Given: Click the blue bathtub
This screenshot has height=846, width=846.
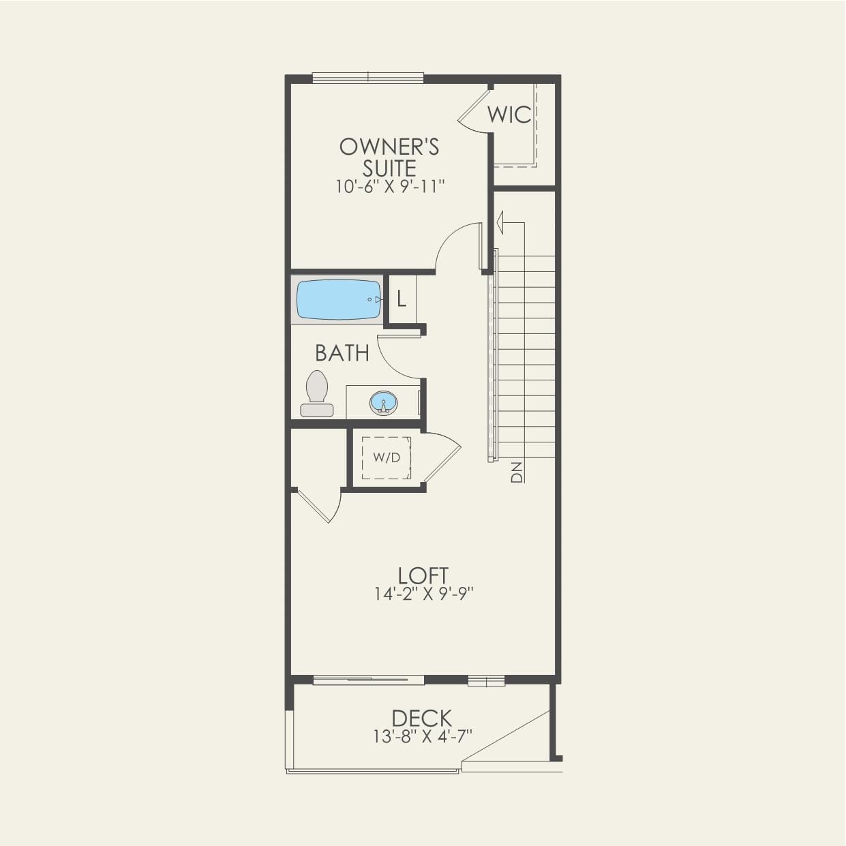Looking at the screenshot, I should [x=338, y=299].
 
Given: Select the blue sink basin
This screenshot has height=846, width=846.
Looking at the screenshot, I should [x=383, y=402].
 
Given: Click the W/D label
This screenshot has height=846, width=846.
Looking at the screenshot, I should [x=387, y=457].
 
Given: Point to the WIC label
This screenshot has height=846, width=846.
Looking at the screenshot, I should [x=509, y=115].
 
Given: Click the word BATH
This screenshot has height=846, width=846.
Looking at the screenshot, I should [x=342, y=353].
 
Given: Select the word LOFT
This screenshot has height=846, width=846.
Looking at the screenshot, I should [x=423, y=575].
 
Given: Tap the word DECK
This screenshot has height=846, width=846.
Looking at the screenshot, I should [x=422, y=718].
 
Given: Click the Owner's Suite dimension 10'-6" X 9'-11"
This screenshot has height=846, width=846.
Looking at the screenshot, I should [x=390, y=187].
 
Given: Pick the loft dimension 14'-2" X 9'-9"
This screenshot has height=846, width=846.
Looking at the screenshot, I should [x=423, y=594].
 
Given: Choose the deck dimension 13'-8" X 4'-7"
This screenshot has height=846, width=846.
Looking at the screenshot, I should [x=423, y=736].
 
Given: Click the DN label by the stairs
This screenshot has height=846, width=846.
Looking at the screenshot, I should [x=517, y=472].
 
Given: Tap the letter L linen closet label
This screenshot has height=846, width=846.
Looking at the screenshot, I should [x=402, y=299].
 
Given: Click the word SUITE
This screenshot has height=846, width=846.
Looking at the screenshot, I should [x=389, y=168].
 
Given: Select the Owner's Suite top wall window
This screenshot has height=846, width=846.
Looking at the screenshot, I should [x=368, y=78].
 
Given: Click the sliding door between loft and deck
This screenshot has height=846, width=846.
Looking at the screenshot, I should [x=369, y=679].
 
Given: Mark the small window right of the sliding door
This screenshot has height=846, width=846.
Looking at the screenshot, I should [x=486, y=680].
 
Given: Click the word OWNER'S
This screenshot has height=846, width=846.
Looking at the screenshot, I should [x=389, y=147].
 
